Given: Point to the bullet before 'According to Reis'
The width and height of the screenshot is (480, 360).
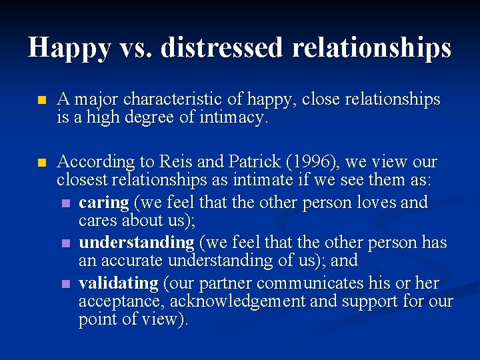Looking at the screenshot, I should coord(41,163).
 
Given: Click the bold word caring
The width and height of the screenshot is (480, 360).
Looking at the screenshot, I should coord(103,203).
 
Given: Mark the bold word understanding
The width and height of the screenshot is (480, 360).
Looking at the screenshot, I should coord(136,243).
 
